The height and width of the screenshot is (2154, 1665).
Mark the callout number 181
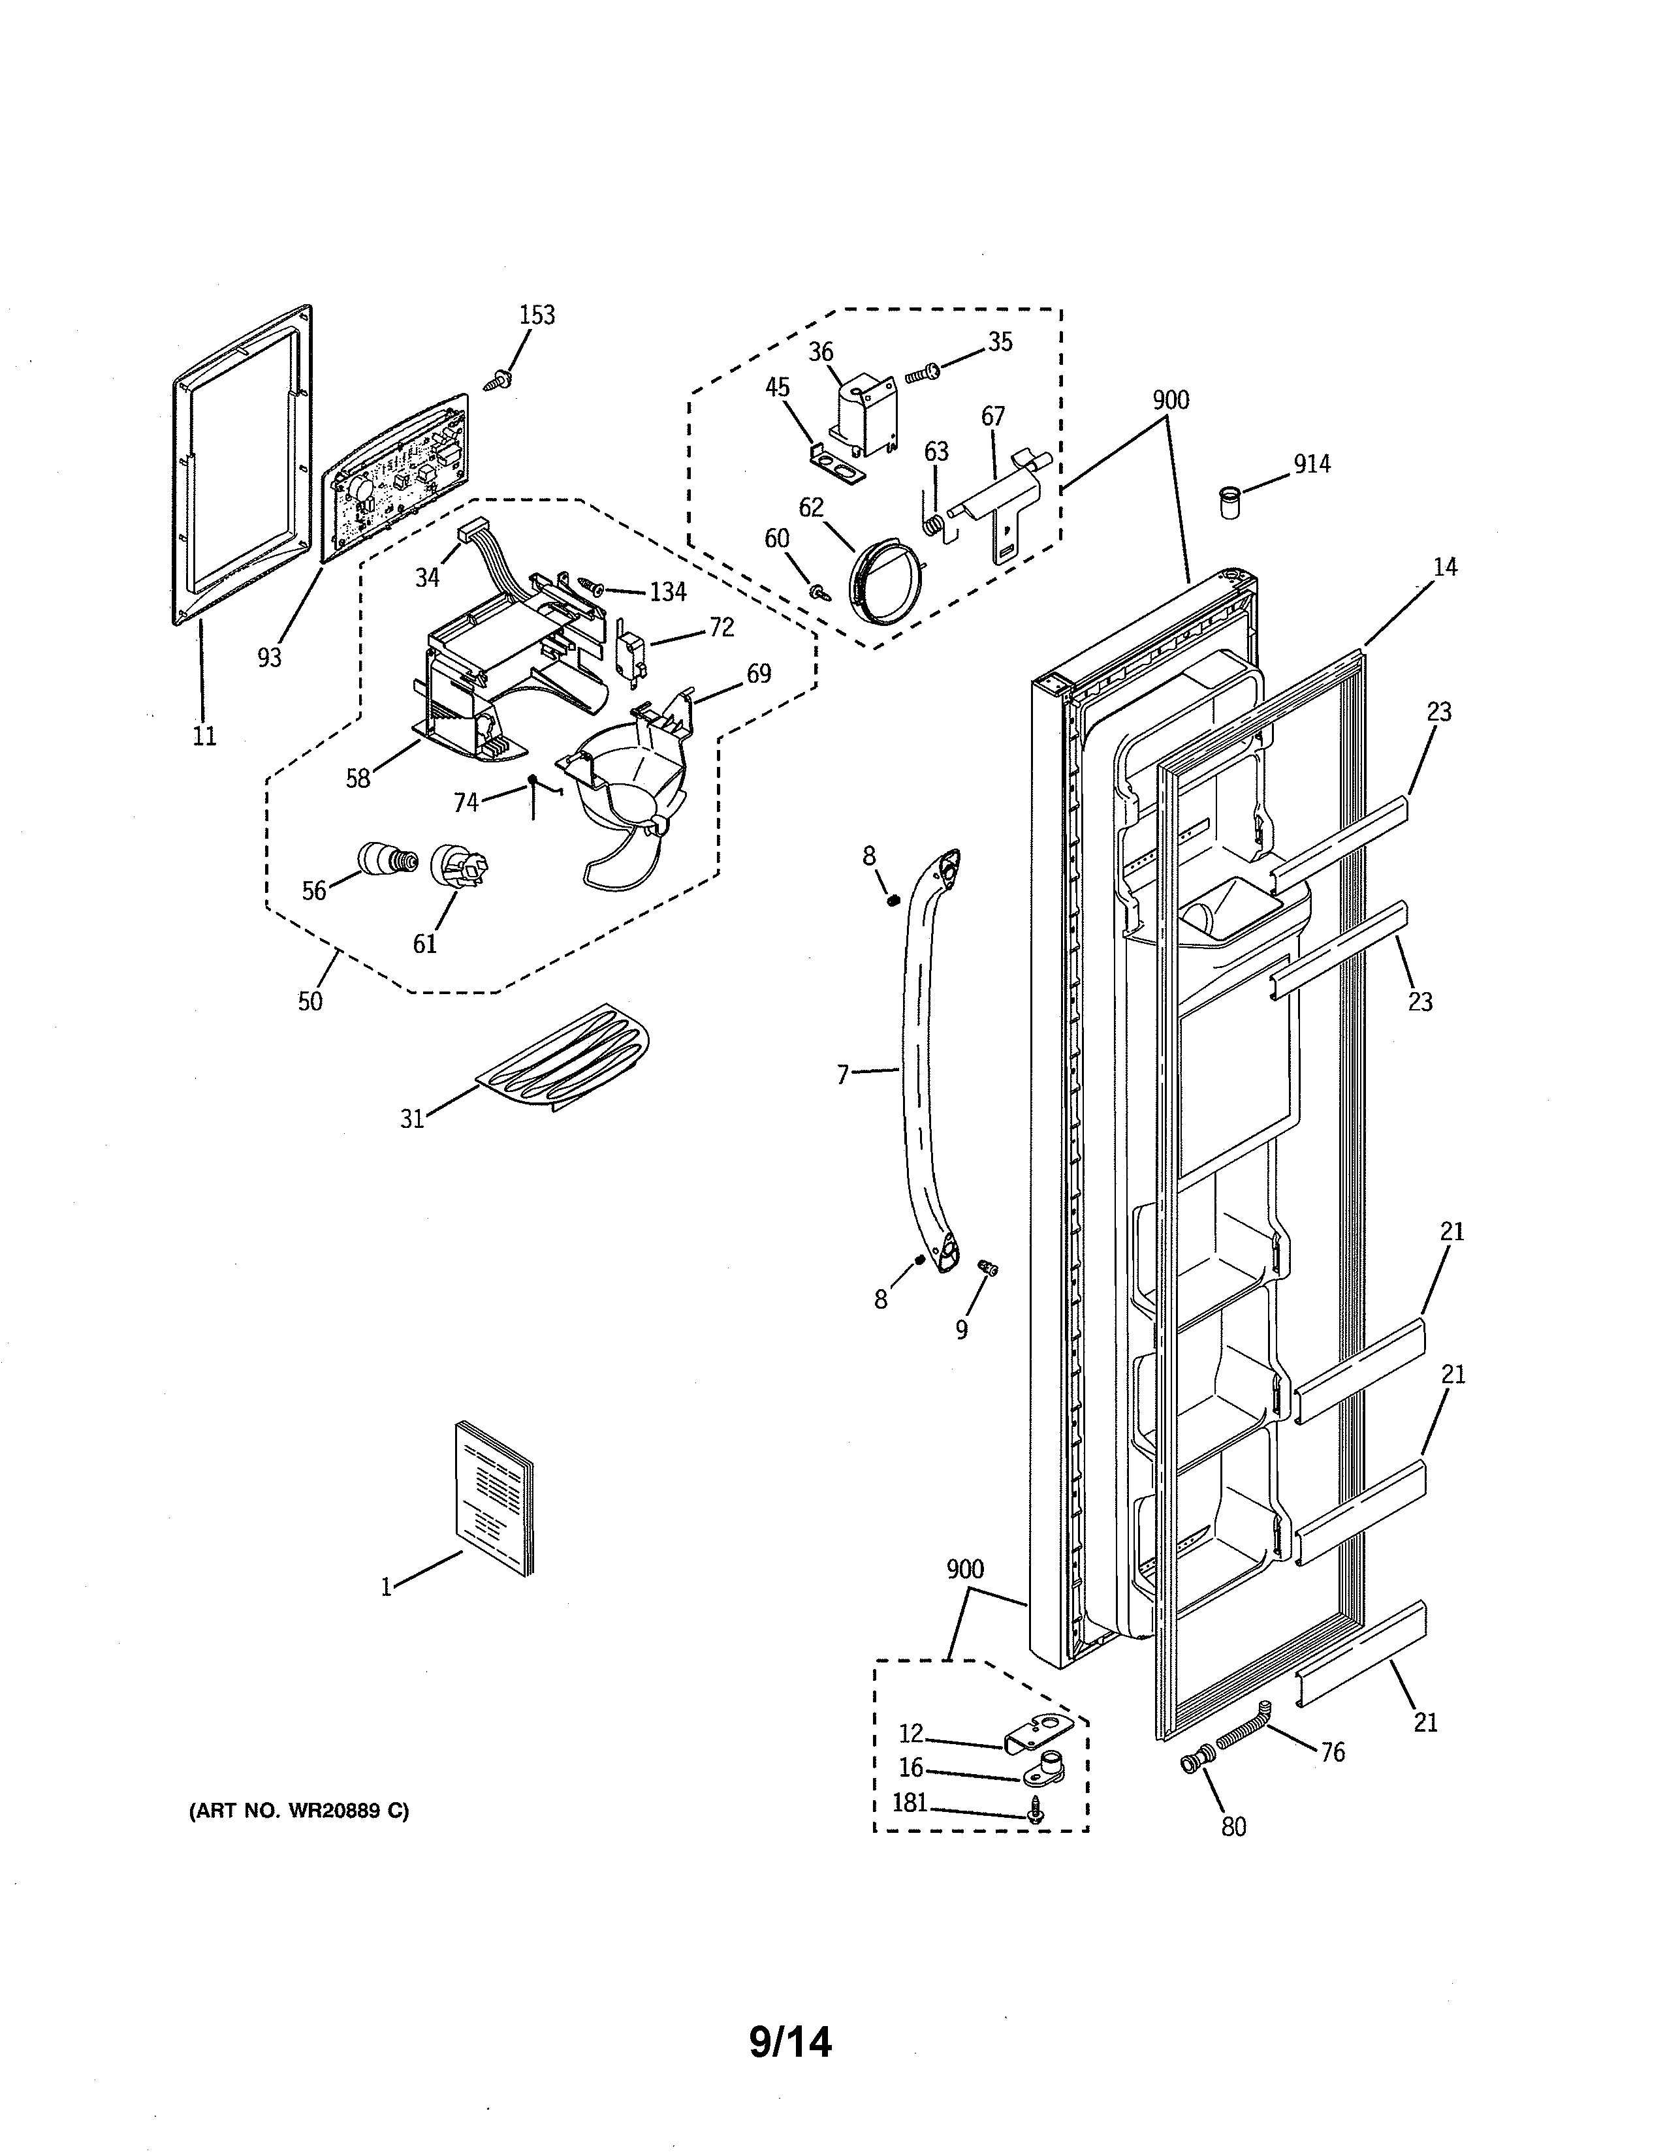(x=910, y=1803)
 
